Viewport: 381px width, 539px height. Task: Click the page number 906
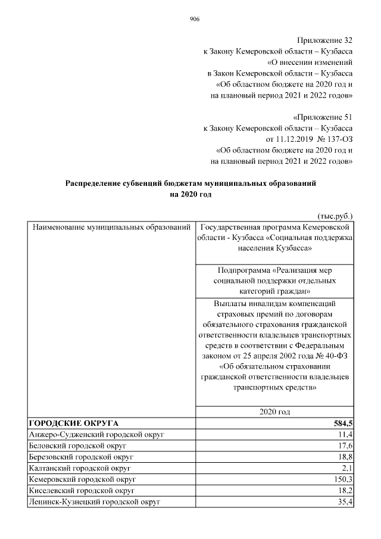(194, 19)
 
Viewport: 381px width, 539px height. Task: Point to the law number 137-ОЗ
(336, 139)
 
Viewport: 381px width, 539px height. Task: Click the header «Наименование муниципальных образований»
(111, 228)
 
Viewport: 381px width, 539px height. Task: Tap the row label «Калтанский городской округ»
(80, 468)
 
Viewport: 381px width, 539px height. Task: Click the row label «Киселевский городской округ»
(82, 491)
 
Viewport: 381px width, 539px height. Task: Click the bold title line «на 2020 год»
(190, 195)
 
